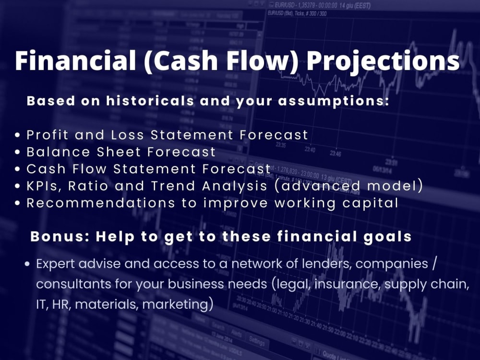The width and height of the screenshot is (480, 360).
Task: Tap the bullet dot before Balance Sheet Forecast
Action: (x=18, y=153)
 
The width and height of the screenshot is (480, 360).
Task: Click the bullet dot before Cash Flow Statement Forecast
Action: (x=18, y=169)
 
